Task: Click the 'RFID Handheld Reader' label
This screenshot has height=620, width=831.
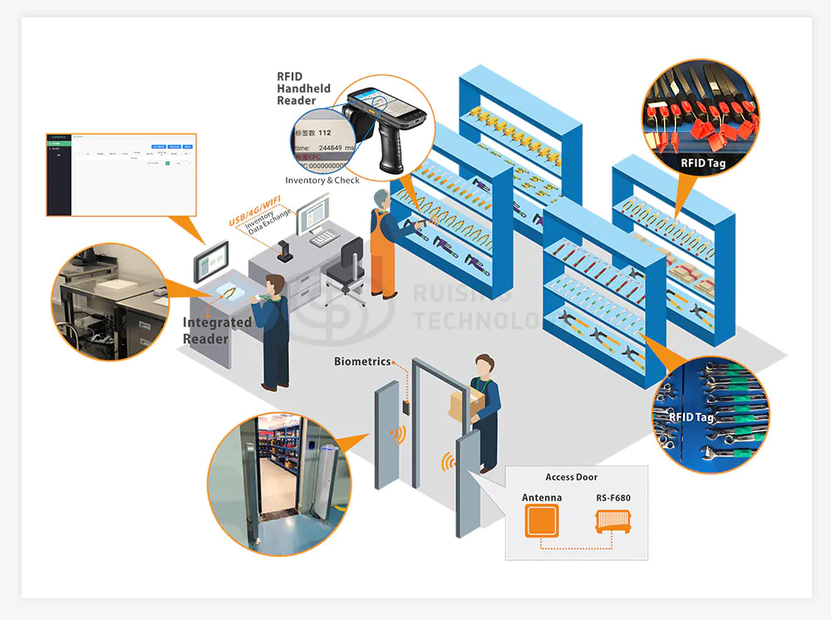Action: (x=303, y=89)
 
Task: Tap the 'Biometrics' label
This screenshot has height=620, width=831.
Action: (x=362, y=362)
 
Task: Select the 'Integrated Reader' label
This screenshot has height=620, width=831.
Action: (x=217, y=330)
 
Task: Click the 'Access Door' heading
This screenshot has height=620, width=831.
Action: (x=571, y=477)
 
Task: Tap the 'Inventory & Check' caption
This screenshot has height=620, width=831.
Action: (x=322, y=180)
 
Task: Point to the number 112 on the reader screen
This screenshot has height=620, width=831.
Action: (x=324, y=133)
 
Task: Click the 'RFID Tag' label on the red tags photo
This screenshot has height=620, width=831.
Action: (x=702, y=163)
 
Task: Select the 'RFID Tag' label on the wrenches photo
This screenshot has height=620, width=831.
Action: (x=691, y=417)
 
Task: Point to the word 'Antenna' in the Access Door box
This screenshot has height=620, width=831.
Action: (x=541, y=498)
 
